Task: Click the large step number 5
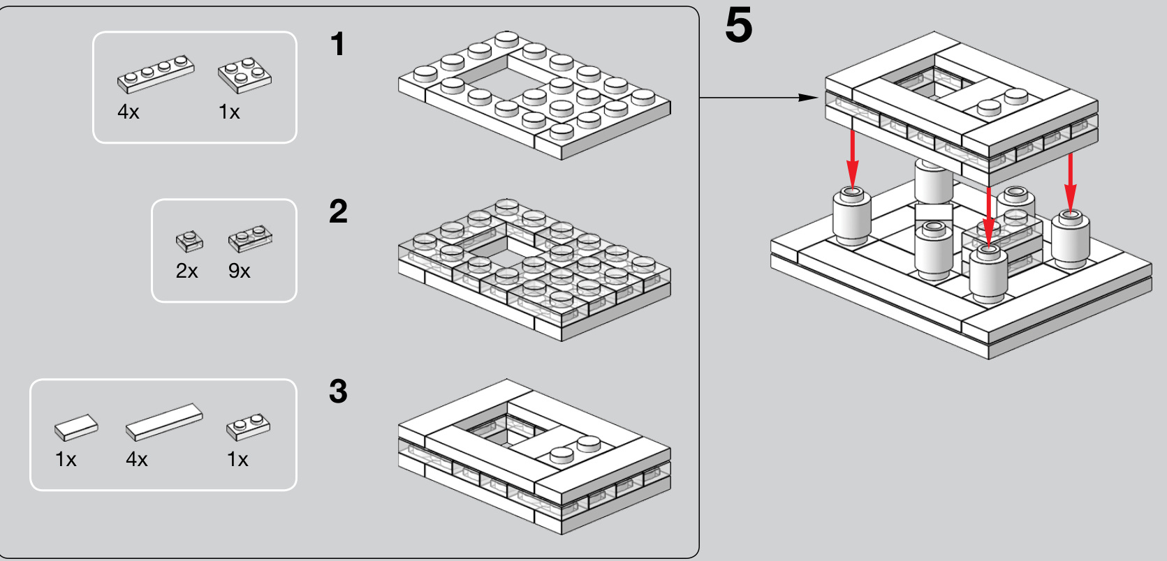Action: [x=738, y=27]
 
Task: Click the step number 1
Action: [x=337, y=45]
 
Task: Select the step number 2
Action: [x=338, y=211]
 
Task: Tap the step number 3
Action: [x=338, y=391]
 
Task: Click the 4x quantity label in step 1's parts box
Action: [x=129, y=112]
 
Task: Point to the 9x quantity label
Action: [x=239, y=271]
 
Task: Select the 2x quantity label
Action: [x=186, y=271]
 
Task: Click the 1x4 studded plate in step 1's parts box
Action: [x=156, y=73]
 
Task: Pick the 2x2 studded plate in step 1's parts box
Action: [x=244, y=75]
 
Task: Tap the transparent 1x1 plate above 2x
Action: [x=189, y=241]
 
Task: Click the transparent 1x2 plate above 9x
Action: [x=249, y=238]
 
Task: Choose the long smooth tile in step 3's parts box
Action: [x=164, y=421]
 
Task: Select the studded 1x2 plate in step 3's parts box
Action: [x=248, y=427]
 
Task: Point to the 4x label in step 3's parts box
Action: [x=137, y=459]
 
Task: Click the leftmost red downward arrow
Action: [x=852, y=157]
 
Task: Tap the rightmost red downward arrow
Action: [x=1070, y=178]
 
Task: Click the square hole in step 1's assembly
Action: [x=489, y=79]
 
